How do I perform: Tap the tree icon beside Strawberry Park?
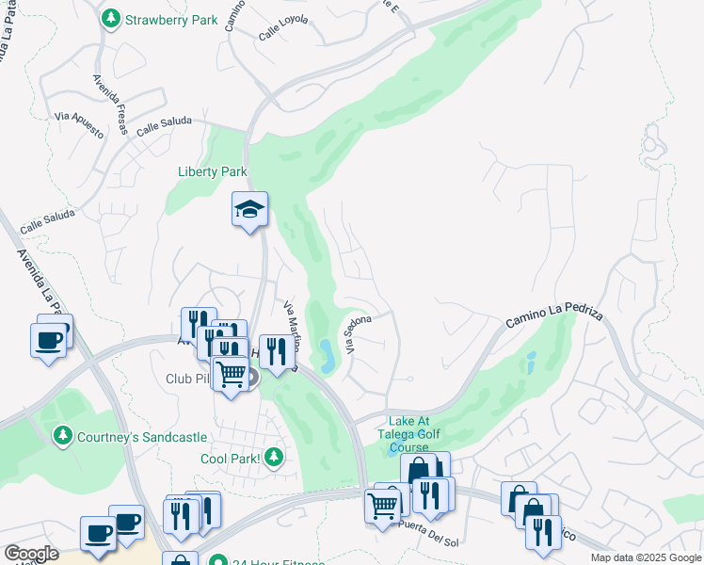[111, 18]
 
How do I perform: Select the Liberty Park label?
[212, 171]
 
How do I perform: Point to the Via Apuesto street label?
[79, 123]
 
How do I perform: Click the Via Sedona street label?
[359, 334]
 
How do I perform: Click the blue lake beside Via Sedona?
[327, 354]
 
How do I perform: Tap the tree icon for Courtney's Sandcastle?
[62, 434]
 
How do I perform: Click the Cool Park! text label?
[230, 459]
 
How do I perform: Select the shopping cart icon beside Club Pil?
[231, 375]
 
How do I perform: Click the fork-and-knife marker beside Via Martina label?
[275, 352]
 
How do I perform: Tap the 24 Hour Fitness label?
[273, 561]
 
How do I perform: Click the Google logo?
[30, 554]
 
